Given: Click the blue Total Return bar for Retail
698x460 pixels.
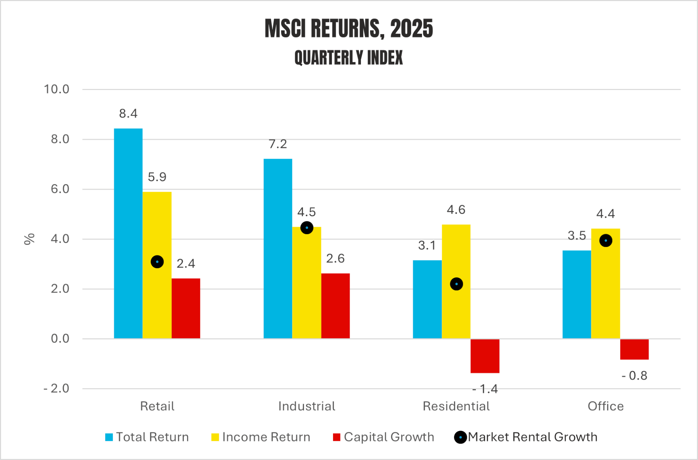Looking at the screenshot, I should (128, 233).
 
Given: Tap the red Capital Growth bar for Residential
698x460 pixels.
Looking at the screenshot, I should (485, 356).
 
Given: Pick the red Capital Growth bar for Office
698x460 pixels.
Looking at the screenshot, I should (634, 349).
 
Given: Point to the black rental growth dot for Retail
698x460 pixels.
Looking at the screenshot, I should (157, 262).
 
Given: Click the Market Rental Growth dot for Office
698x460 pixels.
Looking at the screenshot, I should (606, 241).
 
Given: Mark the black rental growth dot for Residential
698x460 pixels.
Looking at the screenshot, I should (456, 284).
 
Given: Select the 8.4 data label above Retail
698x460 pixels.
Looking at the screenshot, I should (128, 113).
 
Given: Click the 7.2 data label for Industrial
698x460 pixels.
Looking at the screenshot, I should (278, 144).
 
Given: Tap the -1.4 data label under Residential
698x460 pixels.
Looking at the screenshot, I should (485, 389).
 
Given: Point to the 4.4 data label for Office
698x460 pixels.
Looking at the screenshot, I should (606, 214).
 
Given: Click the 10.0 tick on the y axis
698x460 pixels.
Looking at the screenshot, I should (57, 89).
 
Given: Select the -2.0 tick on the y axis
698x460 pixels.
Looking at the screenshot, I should (57, 388).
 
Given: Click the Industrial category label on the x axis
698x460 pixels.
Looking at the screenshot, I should (307, 406).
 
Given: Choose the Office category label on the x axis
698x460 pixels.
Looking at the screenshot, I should (606, 406).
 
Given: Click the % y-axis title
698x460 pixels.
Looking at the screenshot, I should (30, 239).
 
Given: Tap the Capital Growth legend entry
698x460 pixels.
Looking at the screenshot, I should (384, 437).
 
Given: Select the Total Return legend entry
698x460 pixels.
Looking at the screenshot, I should (147, 437).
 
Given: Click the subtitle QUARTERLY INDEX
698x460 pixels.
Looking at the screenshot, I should (349, 58).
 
